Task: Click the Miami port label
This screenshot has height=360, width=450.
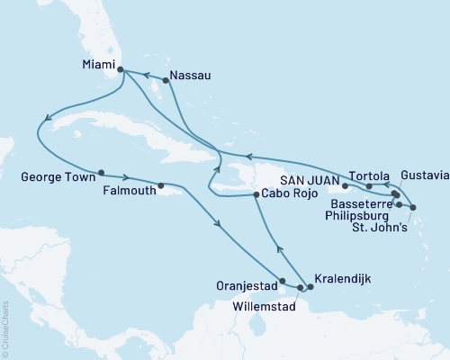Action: pos(96,65)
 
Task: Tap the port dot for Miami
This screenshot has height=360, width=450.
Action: pos(121,67)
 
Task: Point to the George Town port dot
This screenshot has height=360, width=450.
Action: pos(101,173)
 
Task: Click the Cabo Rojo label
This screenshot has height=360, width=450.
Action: pos(286,194)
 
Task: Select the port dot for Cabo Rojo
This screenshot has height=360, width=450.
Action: pos(256,194)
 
